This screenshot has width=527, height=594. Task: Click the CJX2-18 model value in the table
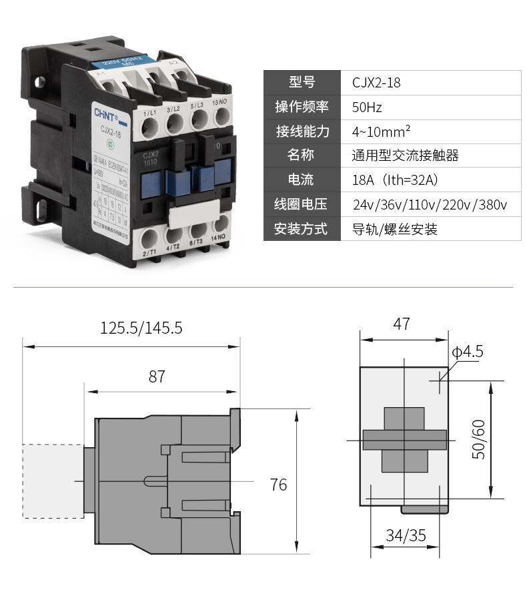click(x=376, y=83)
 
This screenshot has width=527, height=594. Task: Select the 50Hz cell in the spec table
click(x=367, y=107)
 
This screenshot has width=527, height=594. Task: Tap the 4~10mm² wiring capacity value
click(x=381, y=131)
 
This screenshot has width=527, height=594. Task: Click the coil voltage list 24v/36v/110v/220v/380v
click(x=430, y=205)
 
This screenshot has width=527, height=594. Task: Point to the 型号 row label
click(x=302, y=83)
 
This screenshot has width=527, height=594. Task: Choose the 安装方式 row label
click(x=302, y=229)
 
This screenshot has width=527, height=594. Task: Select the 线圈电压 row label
click(x=302, y=204)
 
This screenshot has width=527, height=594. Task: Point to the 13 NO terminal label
click(x=219, y=102)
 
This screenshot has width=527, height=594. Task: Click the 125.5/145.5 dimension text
click(x=141, y=328)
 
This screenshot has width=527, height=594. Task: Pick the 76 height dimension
click(x=278, y=485)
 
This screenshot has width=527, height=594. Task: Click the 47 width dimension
click(x=402, y=324)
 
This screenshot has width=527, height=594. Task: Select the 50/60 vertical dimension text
click(x=478, y=439)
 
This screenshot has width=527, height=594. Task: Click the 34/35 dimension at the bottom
click(x=406, y=535)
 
